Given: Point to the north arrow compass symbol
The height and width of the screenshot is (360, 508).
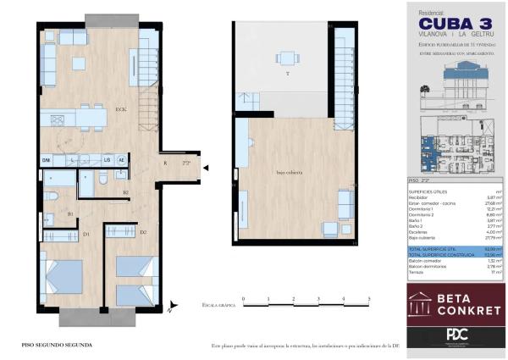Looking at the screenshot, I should pos(172,307).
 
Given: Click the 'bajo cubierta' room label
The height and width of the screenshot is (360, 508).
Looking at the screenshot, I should pos(290,172).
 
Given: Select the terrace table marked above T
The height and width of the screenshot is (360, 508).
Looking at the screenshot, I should pos(287,58).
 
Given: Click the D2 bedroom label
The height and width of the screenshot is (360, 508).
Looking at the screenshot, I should pos(143,232).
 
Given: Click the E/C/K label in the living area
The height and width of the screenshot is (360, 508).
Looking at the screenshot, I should pos(121,109).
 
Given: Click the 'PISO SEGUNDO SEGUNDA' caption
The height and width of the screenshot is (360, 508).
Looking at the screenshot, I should pos(57,346).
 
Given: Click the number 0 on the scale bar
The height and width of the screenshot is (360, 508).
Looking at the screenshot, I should pos(243,299).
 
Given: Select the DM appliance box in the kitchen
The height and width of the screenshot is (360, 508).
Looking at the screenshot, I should pos(47,160).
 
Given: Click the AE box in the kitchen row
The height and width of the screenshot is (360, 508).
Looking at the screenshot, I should pos(121,160).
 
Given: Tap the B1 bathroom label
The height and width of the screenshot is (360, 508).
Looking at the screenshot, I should pos(70,214).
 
